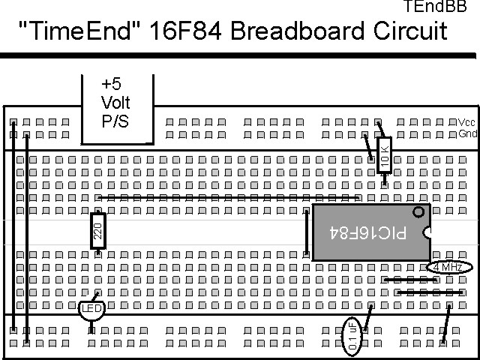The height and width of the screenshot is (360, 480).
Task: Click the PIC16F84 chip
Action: tap(370, 232)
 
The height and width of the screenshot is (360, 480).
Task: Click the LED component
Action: tap(91, 308)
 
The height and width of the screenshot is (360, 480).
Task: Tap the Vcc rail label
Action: tap(466, 122)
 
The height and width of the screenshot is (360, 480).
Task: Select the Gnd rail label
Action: tap(466, 134)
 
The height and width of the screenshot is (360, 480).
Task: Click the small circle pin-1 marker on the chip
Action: tap(418, 212)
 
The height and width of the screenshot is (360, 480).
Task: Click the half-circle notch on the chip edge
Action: tap(428, 232)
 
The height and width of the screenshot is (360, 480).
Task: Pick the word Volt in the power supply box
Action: tap(115, 103)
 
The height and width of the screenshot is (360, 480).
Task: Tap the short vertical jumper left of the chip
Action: tap(307, 232)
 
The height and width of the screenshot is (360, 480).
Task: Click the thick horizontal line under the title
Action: tap(240, 55)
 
